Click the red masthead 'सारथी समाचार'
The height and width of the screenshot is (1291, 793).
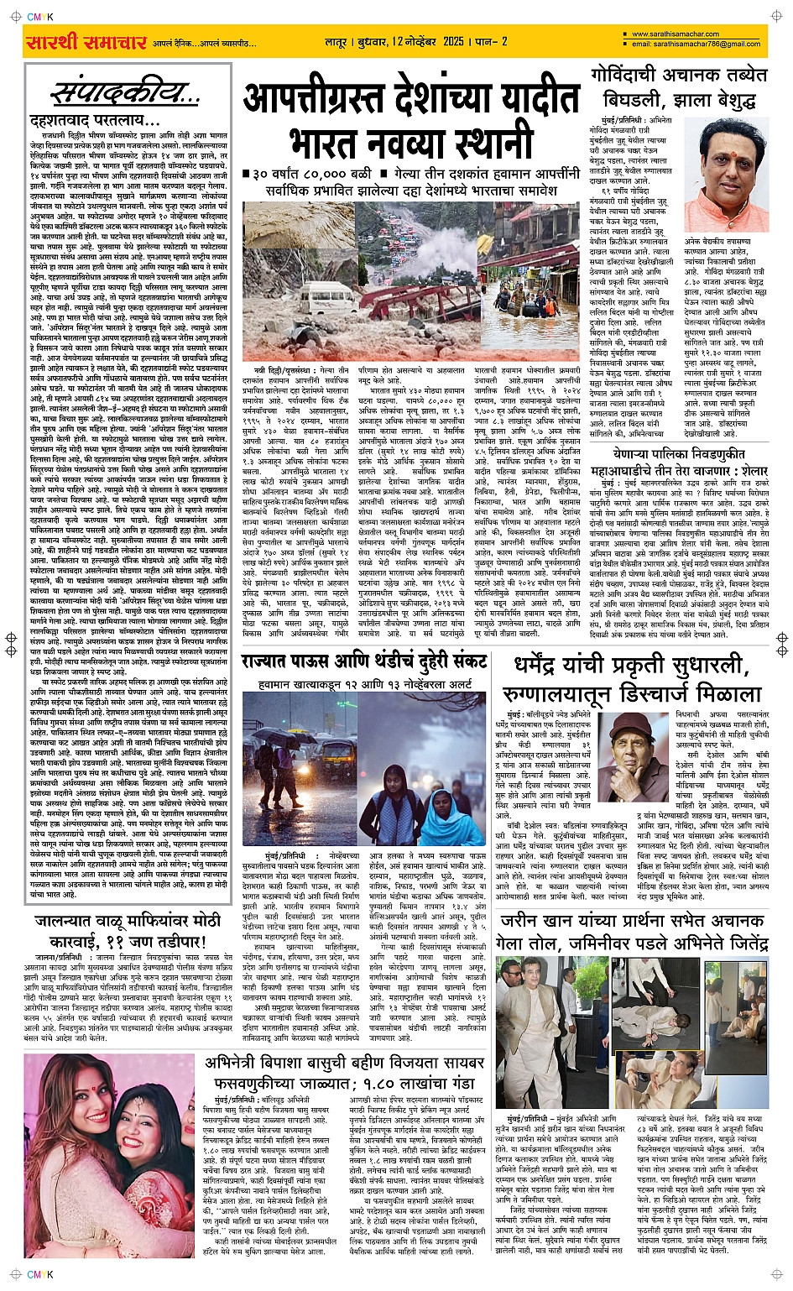point(87,41)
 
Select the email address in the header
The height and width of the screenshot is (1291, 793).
point(696,44)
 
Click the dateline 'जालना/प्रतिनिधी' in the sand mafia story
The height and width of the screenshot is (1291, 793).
point(60,956)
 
